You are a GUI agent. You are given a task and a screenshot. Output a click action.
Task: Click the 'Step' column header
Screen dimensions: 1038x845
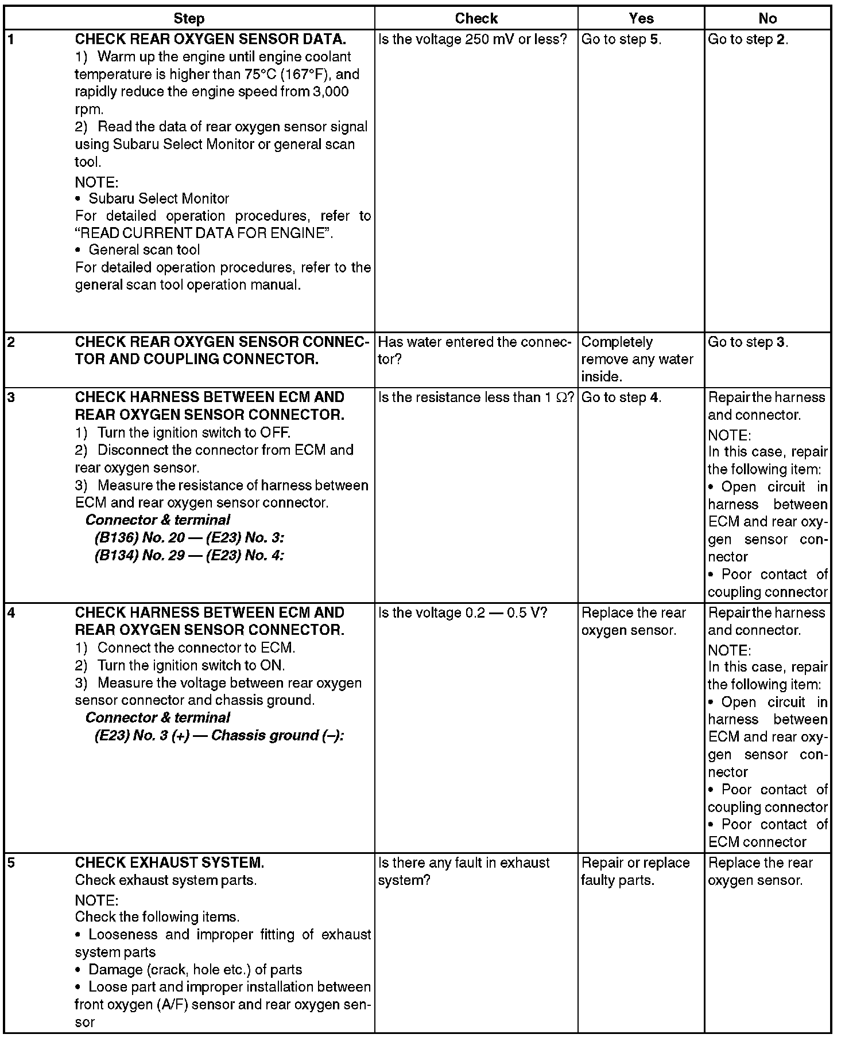click(189, 19)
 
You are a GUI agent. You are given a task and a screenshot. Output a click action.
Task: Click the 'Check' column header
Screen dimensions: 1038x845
click(476, 19)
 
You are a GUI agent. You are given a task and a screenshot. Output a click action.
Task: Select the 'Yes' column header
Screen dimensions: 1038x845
click(641, 19)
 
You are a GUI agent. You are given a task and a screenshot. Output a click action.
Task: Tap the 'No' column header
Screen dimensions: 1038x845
click(767, 19)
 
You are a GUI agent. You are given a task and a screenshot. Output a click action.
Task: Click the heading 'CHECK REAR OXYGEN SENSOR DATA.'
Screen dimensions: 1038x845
click(210, 40)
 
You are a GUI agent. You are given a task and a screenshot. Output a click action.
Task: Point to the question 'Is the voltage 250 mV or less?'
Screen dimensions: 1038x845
click(472, 40)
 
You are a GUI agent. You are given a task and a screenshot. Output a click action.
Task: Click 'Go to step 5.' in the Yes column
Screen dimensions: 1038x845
click(621, 40)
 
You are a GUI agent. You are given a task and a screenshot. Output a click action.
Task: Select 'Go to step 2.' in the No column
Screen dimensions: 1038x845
click(748, 40)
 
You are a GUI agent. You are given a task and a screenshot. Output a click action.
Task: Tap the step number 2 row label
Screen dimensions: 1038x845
click(11, 342)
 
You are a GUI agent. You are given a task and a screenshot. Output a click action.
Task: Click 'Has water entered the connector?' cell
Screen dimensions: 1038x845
click(475, 350)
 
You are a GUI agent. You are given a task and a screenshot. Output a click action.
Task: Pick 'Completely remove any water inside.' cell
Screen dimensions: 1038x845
click(637, 360)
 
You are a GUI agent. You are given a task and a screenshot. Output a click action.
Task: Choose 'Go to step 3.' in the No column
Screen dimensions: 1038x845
click(748, 342)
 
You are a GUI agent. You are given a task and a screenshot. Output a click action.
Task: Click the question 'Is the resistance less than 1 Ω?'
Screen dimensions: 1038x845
click(476, 397)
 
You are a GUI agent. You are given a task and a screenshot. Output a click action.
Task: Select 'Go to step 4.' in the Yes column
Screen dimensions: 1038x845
click(621, 397)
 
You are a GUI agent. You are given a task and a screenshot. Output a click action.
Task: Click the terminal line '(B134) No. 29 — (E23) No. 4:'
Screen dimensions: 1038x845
click(189, 555)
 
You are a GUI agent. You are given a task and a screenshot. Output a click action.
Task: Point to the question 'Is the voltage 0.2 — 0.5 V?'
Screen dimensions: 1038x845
click(463, 613)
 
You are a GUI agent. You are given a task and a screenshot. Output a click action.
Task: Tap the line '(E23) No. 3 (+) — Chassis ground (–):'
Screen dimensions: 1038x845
click(219, 735)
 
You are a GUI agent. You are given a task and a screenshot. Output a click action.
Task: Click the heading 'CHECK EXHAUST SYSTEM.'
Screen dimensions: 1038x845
click(169, 863)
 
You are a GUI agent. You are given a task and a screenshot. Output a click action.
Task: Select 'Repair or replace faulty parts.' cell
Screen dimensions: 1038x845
click(635, 872)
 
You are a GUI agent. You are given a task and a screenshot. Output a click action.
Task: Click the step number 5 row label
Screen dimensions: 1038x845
click(11, 863)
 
